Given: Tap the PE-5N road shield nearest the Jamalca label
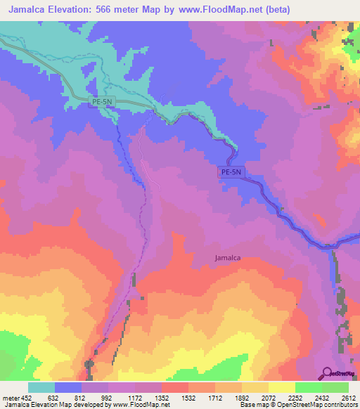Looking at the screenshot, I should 231,171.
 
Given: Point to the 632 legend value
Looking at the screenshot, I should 53,398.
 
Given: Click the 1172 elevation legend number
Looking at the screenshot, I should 135,398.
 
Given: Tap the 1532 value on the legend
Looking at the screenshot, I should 188,398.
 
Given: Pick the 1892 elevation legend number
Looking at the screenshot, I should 242,398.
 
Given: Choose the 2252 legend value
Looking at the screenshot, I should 295,398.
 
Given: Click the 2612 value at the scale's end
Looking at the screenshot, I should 349,398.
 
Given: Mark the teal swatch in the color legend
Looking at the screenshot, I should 41,387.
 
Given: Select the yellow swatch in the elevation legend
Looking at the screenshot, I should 282,387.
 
